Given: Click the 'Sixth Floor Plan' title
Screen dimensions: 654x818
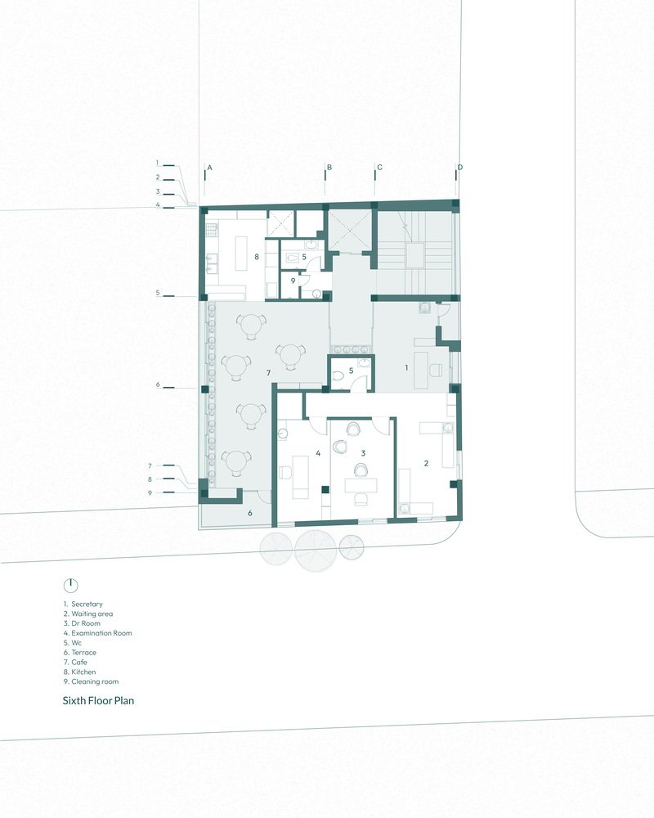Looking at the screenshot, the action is [x=98, y=701].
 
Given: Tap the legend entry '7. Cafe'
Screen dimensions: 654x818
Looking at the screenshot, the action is [x=75, y=662].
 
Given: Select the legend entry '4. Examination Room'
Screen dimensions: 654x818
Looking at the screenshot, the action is [x=97, y=633].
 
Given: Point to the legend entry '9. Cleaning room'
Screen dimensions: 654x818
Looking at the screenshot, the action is [x=91, y=681].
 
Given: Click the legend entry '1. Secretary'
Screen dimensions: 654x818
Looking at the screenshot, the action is [x=83, y=604].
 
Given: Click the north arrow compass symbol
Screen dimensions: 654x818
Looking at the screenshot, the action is [x=70, y=586].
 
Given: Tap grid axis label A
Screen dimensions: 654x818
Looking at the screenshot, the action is [x=209, y=168].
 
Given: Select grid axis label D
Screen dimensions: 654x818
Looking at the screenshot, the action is [x=460, y=167].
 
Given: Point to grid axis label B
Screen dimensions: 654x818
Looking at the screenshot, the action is [x=329, y=167].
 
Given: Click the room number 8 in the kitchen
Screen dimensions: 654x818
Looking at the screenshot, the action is [x=257, y=257].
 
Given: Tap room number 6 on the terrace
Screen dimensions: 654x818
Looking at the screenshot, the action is [x=250, y=514].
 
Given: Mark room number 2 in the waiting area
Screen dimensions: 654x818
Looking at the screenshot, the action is [x=426, y=463].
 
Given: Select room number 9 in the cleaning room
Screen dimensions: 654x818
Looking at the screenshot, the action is [x=293, y=281].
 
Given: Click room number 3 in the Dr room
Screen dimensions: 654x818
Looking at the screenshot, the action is [x=363, y=453].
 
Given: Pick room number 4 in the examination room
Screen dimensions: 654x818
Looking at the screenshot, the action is [x=318, y=453].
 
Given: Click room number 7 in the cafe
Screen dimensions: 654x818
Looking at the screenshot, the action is [x=268, y=372].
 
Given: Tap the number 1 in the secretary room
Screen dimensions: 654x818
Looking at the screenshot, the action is [x=406, y=368].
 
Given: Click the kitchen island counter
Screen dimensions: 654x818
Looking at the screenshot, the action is [x=241, y=254].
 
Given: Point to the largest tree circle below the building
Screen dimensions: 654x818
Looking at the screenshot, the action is [x=314, y=551].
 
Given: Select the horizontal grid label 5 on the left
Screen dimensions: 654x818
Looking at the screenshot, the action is [x=158, y=293].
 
